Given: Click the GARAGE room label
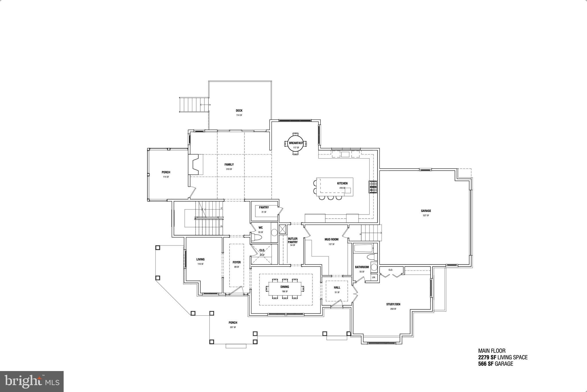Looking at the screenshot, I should pyautogui.click(x=426, y=211).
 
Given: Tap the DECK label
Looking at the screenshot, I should pyautogui.click(x=239, y=111).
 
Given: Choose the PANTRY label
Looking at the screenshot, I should pyautogui.click(x=264, y=207).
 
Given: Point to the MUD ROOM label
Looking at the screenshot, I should pyautogui.click(x=331, y=239).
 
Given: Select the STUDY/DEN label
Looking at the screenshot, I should pyautogui.click(x=393, y=304).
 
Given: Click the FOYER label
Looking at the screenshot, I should pyautogui.click(x=236, y=262).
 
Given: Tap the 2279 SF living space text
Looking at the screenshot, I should pyautogui.click(x=503, y=358).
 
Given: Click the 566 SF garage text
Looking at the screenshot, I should pyautogui.click(x=495, y=364).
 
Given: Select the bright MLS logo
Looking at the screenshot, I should pyautogui.click(x=32, y=381).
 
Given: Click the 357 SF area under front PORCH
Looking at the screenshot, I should pyautogui.click(x=233, y=327).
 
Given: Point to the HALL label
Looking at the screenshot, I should pyautogui.click(x=337, y=287).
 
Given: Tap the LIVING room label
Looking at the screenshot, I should pyautogui.click(x=200, y=259).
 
